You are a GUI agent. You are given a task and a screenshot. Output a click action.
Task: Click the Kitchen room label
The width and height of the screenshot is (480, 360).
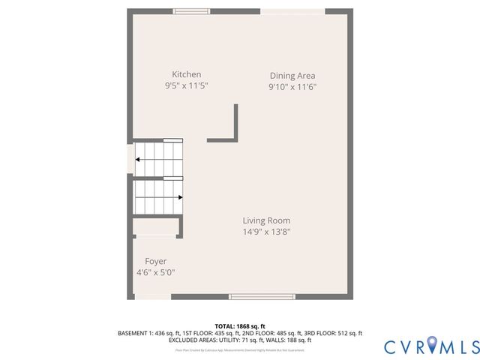click(187, 74)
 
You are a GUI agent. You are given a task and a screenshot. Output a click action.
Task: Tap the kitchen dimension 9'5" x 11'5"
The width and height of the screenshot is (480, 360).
click(187, 86)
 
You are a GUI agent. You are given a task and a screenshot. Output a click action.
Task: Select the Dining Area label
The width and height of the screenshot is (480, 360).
click(292, 75)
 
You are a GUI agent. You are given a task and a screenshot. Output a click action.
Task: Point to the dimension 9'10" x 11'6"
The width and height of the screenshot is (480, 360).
click(292, 87)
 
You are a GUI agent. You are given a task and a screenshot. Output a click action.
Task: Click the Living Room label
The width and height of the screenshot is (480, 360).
click(266, 220)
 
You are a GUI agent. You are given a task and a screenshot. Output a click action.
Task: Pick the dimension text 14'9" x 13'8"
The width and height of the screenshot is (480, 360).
click(266, 232)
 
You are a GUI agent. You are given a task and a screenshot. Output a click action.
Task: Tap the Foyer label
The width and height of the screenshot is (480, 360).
click(156, 261)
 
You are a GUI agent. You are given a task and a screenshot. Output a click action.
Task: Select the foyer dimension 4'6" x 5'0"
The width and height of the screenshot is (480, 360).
click(156, 273)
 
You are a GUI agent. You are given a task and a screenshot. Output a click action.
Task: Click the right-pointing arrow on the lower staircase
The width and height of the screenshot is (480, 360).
click(179, 197)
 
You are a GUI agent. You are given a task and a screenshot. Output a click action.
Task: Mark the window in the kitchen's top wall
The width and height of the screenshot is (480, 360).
click(192, 11)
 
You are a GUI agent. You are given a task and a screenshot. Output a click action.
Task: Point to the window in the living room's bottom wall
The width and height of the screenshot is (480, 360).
click(262, 297)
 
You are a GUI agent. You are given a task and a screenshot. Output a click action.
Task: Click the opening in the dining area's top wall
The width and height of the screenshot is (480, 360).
click(292, 11)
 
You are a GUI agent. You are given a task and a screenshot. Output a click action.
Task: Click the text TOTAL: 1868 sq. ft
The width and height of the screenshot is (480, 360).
click(240, 325)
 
